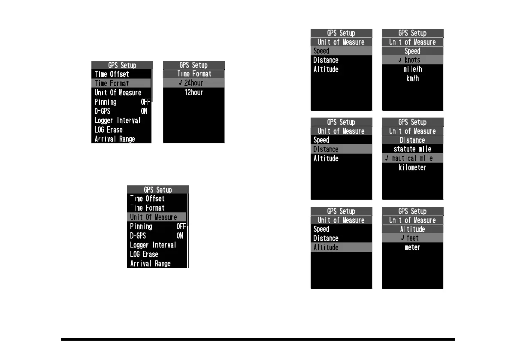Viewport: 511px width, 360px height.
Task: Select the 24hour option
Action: coord(194,83)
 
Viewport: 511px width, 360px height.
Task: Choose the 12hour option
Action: coord(194,93)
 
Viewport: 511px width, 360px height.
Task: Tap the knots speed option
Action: coord(412,60)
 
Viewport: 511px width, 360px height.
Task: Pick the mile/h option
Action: coord(412,70)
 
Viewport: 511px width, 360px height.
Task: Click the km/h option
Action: coord(412,79)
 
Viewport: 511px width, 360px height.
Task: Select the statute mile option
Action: coord(412,149)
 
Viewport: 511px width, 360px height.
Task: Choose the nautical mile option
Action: coord(412,158)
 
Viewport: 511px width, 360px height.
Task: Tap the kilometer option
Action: coord(412,168)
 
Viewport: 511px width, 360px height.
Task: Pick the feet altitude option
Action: coord(412,238)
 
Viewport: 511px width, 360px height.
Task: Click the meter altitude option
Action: coord(412,248)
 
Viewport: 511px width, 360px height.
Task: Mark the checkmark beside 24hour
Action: coord(181,83)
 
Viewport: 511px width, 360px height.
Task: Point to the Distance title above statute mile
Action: coord(412,140)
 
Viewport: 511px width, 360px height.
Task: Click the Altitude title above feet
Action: coord(412,229)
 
